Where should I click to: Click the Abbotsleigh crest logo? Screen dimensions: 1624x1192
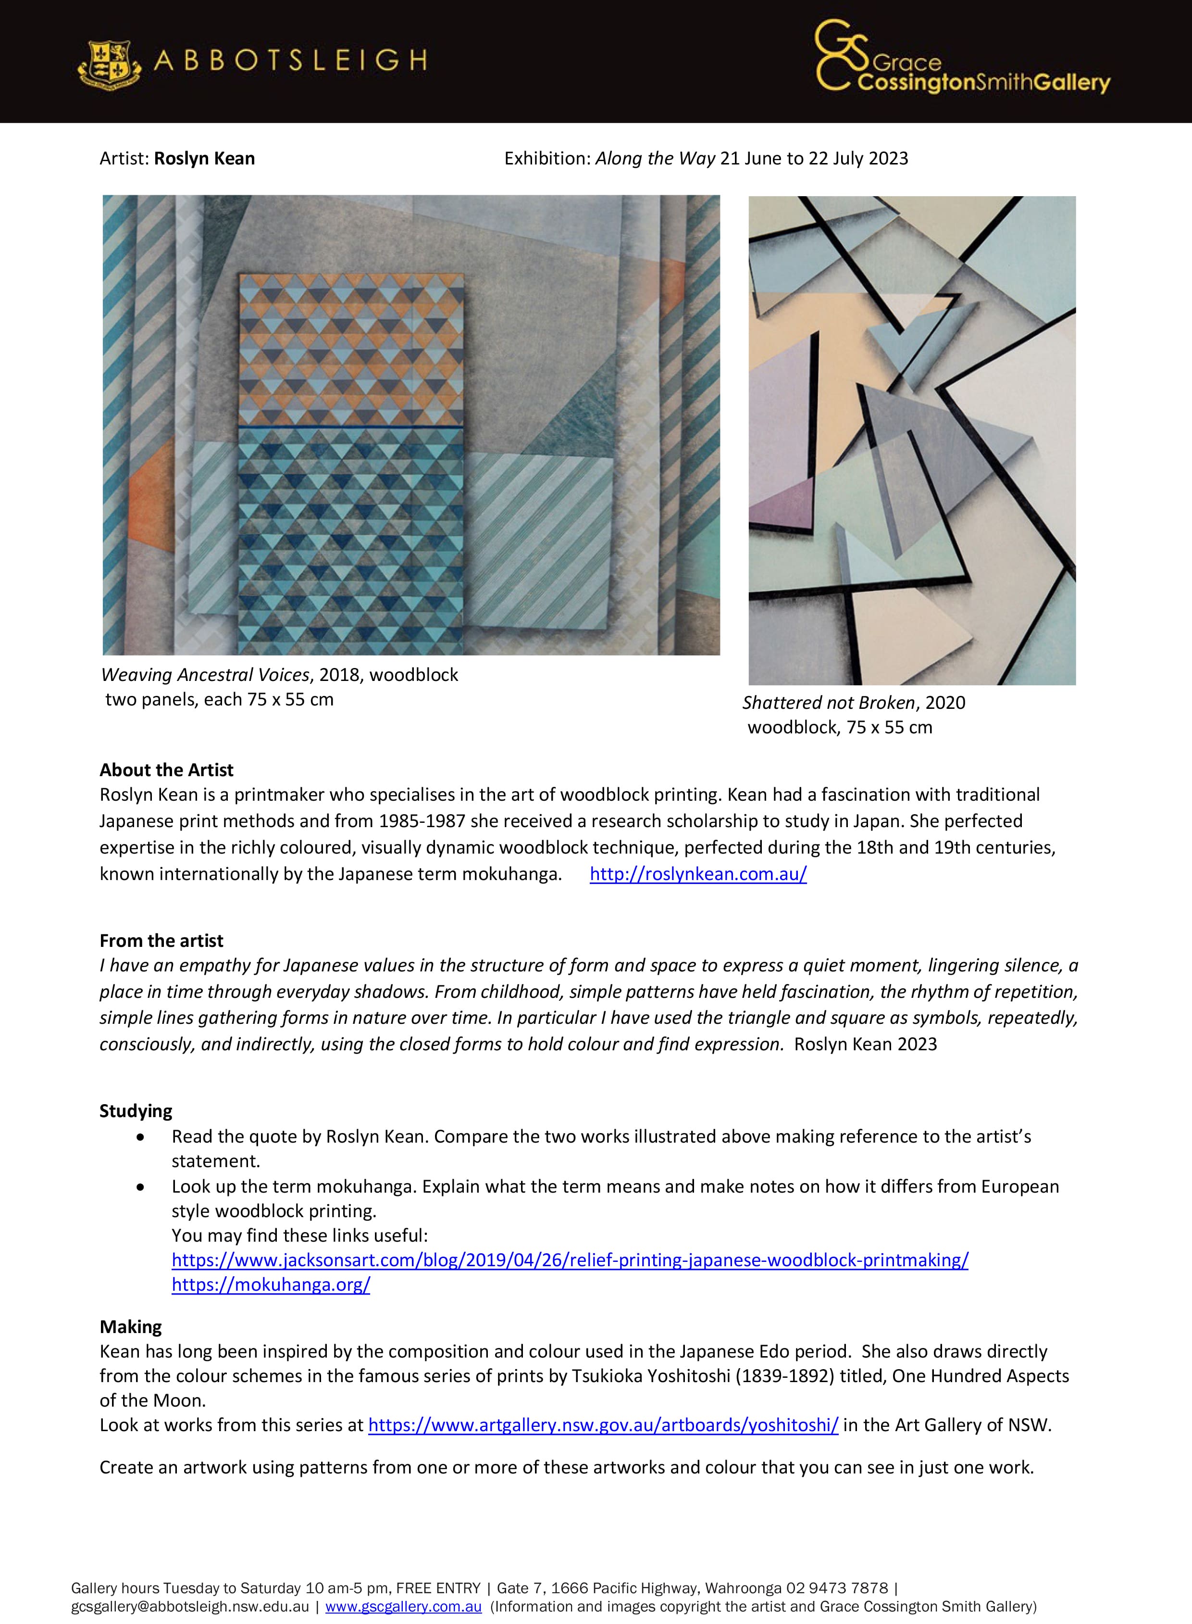click(x=109, y=63)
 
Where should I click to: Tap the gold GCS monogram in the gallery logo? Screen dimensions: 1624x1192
click(x=841, y=56)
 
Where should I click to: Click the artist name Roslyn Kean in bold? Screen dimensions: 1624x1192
click(x=204, y=159)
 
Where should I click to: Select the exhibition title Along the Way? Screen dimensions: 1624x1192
click(x=655, y=159)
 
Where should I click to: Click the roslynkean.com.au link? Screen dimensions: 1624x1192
click(x=698, y=874)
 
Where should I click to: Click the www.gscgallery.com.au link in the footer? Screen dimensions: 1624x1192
click(x=403, y=1607)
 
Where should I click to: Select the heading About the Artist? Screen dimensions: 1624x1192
click(x=167, y=770)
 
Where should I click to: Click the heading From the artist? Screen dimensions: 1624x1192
click(x=161, y=941)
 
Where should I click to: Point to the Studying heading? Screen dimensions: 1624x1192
click(x=137, y=1111)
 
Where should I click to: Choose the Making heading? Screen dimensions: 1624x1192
click(x=131, y=1327)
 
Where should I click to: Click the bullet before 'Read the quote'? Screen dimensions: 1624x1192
click(x=140, y=1137)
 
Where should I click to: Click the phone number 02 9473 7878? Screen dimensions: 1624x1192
click(x=837, y=1588)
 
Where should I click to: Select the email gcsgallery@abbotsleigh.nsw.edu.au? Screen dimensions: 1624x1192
click(x=190, y=1607)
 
